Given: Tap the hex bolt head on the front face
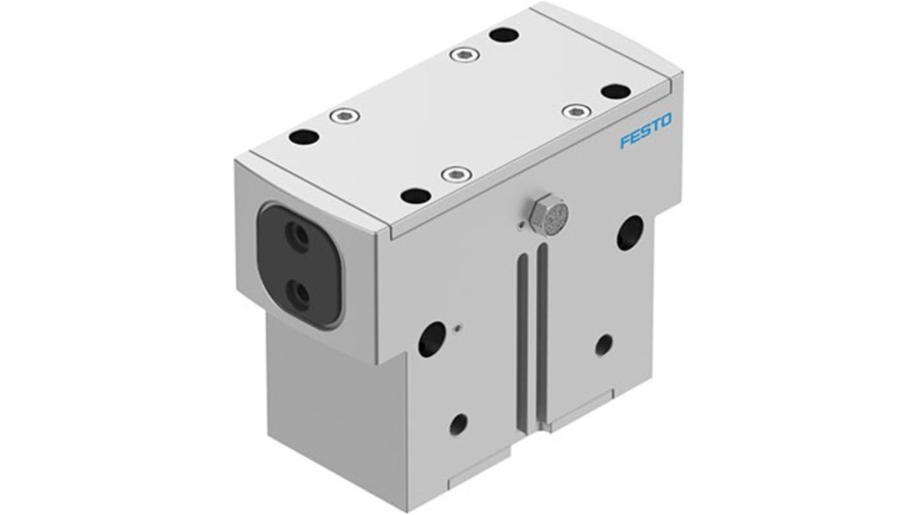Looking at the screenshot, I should [548, 215].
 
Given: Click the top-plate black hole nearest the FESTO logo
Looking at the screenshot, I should [615, 92].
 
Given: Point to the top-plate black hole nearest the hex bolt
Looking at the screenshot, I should [416, 195].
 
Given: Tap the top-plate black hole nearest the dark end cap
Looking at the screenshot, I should [304, 137].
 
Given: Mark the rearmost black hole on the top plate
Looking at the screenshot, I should [504, 35].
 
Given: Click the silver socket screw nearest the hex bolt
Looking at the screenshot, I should [456, 174].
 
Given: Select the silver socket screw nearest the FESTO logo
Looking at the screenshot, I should [577, 111].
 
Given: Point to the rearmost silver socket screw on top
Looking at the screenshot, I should [464, 55].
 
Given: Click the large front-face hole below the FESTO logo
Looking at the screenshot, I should [630, 232].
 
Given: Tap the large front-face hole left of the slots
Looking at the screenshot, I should [432, 339].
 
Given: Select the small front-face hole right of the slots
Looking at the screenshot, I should [604, 345].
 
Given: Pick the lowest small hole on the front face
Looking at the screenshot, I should [458, 424].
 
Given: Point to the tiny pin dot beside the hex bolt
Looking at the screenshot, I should [521, 225].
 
